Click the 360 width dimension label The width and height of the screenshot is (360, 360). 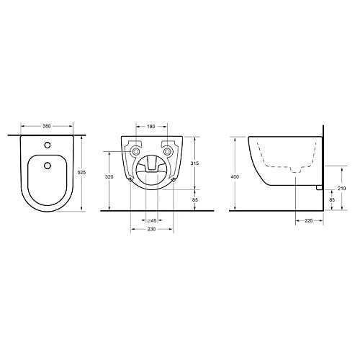(x=47, y=126)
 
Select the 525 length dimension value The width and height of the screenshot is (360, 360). (x=82, y=172)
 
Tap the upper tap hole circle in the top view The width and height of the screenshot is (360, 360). (x=48, y=145)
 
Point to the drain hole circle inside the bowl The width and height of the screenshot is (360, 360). (x=48, y=166)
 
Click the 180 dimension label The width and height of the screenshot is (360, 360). (x=151, y=127)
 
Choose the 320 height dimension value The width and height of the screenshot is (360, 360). (x=109, y=177)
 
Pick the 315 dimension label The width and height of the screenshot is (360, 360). (x=194, y=163)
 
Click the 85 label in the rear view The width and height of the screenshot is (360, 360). (x=196, y=199)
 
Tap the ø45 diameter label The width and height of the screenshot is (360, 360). (x=152, y=220)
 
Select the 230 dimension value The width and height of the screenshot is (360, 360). (x=151, y=229)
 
